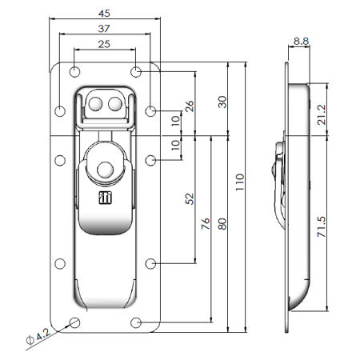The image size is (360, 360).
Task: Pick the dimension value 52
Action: (189, 198)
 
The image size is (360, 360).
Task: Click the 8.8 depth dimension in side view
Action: (301, 41)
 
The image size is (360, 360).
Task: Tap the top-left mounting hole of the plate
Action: (74, 72)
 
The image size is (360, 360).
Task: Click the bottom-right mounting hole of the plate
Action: (137, 322)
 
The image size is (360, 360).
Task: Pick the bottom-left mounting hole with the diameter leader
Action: (74, 322)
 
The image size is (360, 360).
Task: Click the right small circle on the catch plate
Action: (114, 103)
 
